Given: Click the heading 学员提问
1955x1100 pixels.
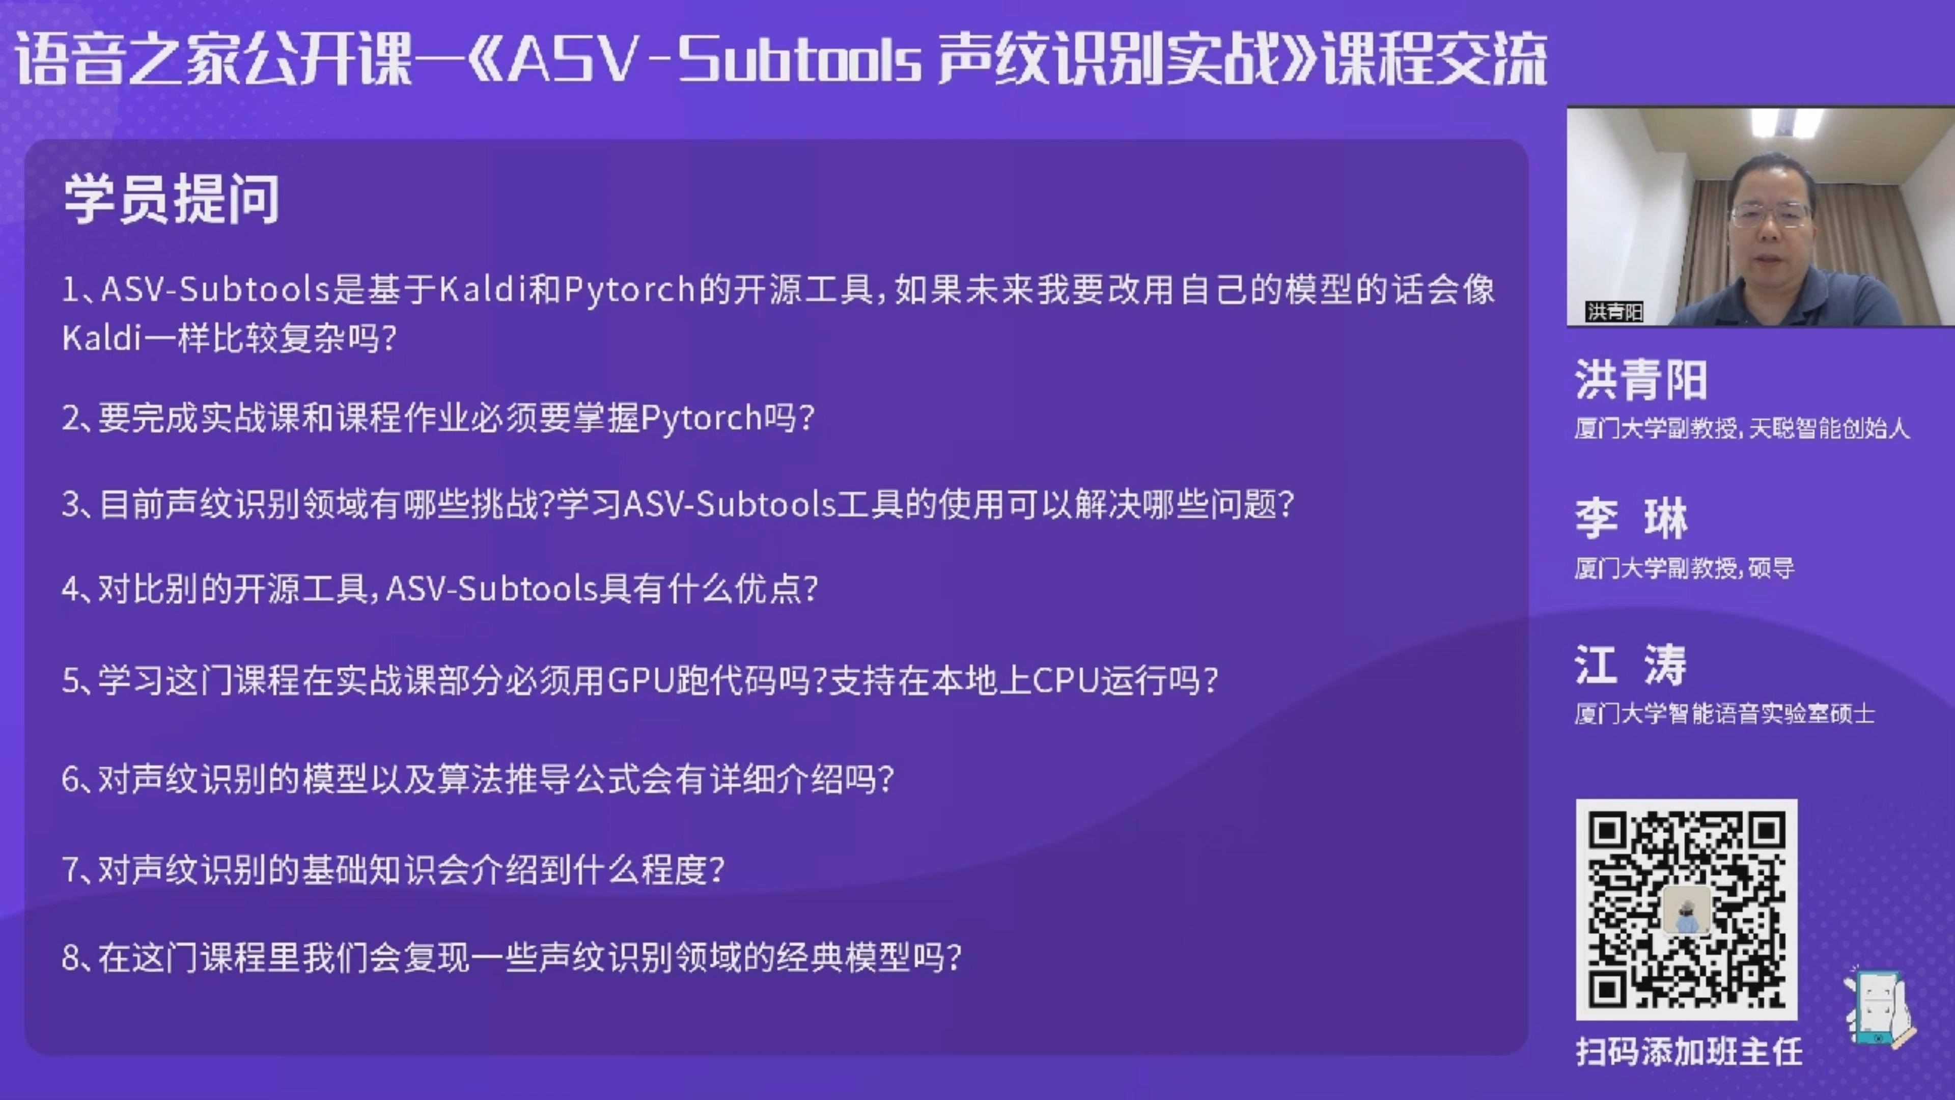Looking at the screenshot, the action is (x=172, y=199).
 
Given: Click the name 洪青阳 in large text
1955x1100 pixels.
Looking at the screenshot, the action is (x=1641, y=379).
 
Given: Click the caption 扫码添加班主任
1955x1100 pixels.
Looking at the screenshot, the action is (x=1689, y=1052).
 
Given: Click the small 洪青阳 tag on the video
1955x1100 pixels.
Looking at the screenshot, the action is (x=1614, y=312).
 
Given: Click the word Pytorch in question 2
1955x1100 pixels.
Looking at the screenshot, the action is (x=701, y=418).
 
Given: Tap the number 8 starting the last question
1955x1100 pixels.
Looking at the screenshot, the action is (x=71, y=958).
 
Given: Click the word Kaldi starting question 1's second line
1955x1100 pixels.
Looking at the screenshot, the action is (x=102, y=338).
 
